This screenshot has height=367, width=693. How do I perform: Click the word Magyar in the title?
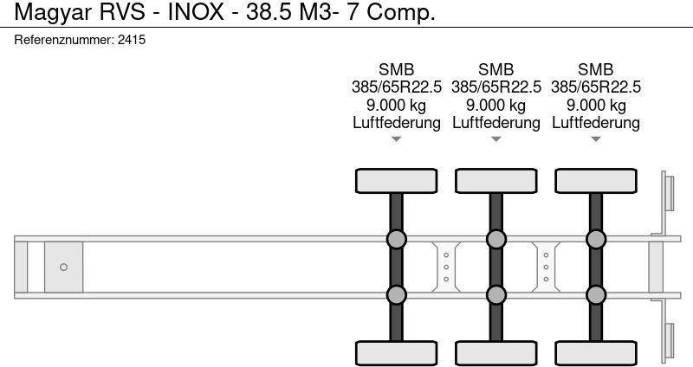[x=54, y=12]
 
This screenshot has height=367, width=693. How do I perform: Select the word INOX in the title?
[x=196, y=11]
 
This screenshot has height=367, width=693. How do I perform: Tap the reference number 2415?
[x=132, y=40]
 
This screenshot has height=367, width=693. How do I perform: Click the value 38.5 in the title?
[x=269, y=11]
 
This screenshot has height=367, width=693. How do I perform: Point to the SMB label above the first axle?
[x=397, y=69]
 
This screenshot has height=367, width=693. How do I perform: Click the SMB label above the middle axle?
[x=495, y=69]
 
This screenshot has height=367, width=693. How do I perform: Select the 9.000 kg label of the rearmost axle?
[x=596, y=105]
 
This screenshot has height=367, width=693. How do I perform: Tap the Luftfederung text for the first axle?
[x=397, y=122]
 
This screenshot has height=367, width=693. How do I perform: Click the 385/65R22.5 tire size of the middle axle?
[x=495, y=87]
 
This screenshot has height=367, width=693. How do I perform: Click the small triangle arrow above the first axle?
[x=397, y=139]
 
